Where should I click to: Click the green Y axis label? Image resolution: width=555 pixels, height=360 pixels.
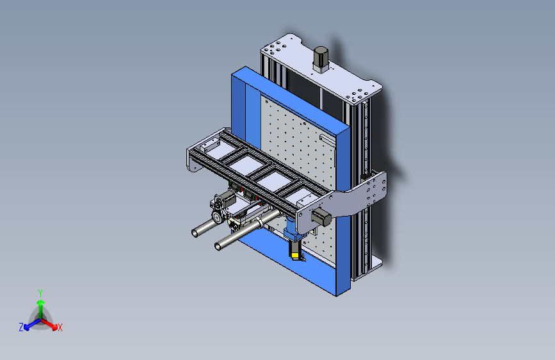[x=40, y=291]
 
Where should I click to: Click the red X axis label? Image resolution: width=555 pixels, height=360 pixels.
[x=60, y=327]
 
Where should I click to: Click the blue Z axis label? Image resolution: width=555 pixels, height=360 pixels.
[x=21, y=327]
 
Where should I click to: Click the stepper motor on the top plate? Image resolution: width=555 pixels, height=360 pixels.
[x=320, y=58]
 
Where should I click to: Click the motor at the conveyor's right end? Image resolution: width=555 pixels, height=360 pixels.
[x=321, y=218]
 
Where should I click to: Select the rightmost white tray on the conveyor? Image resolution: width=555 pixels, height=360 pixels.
[x=302, y=196]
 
